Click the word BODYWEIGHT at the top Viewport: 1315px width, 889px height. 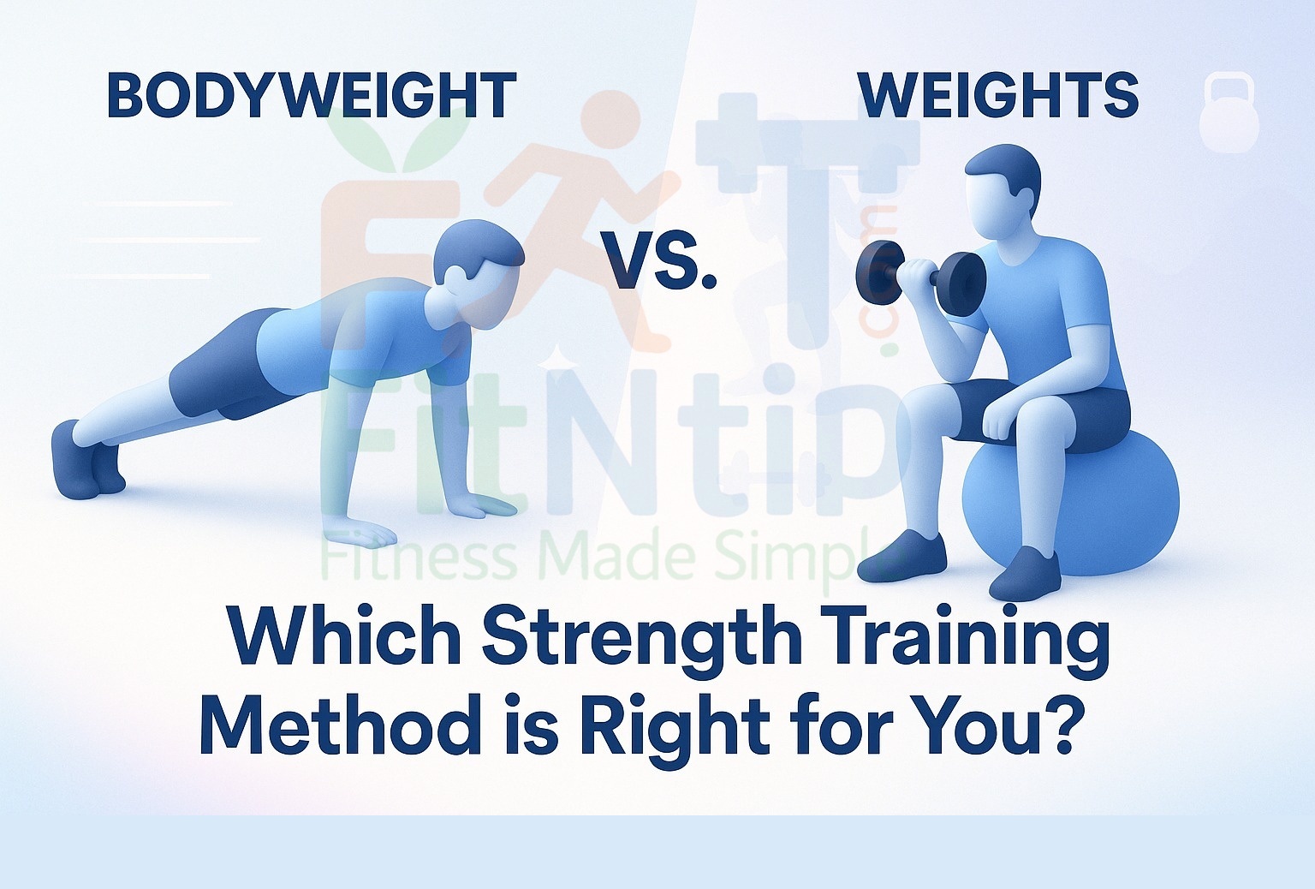coord(312,96)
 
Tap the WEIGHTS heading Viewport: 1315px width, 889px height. coord(997,96)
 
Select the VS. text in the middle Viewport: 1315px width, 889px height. coord(657,260)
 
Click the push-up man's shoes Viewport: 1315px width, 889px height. coord(86,458)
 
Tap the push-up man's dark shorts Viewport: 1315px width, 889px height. coord(218,364)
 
